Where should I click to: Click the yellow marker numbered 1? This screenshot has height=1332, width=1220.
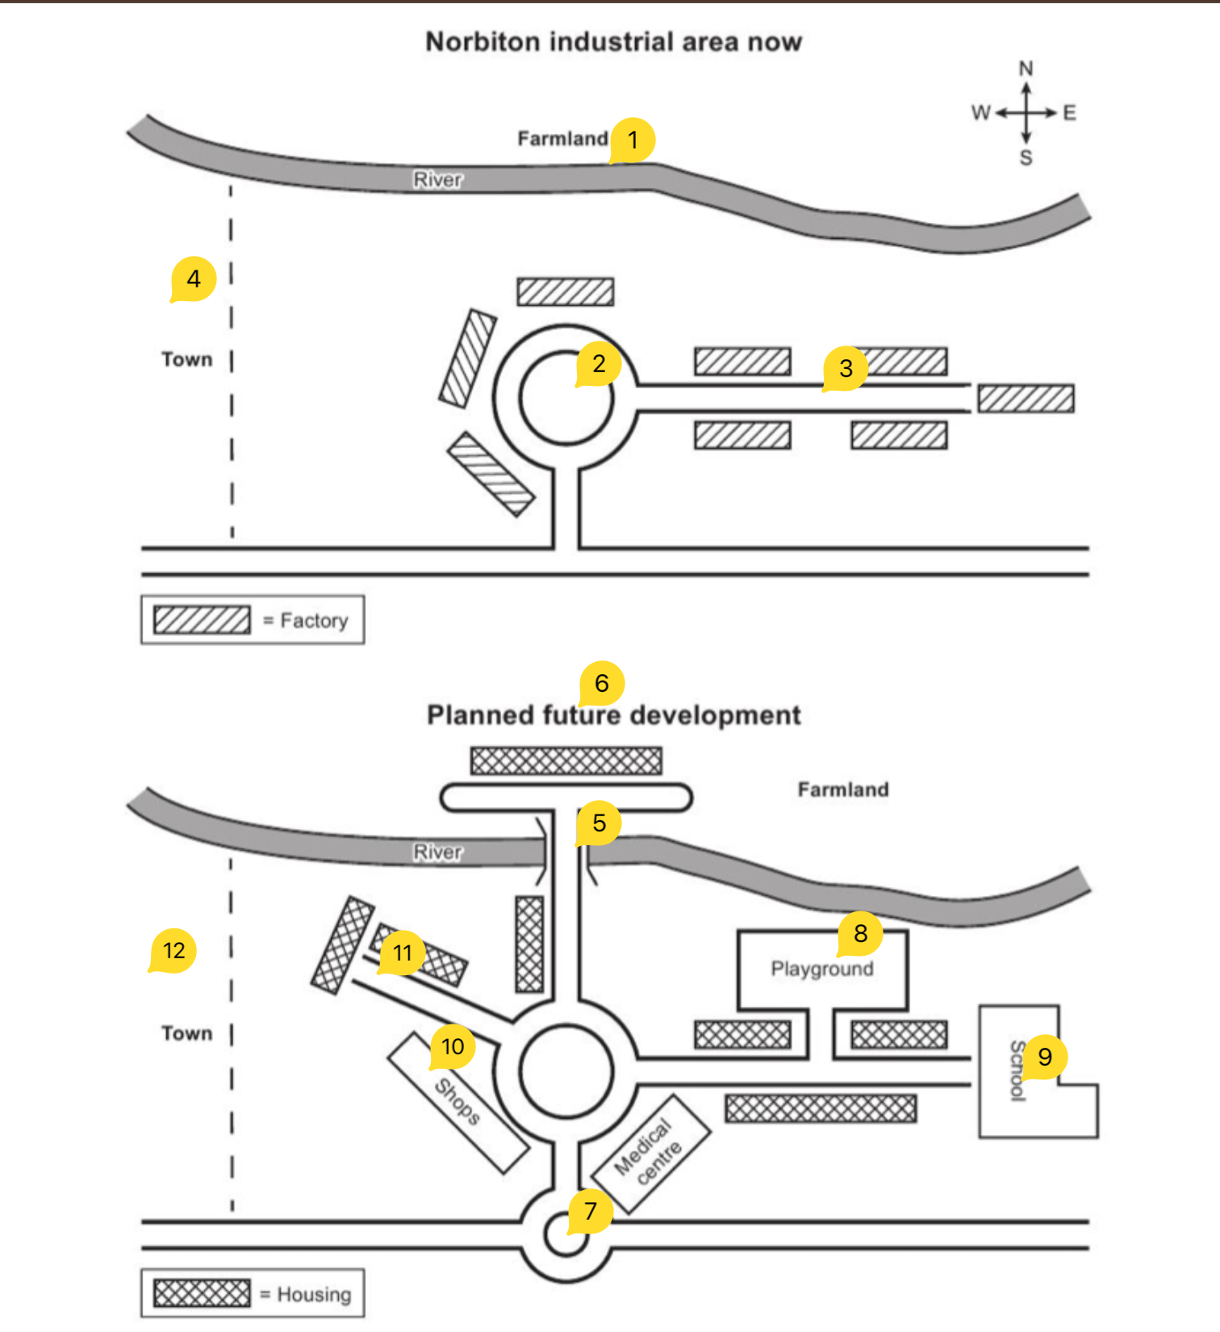click(633, 140)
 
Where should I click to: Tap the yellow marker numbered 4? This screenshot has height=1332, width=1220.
click(194, 279)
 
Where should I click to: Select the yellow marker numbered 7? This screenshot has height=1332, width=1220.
click(590, 1211)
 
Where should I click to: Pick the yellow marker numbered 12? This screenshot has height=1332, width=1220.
click(173, 951)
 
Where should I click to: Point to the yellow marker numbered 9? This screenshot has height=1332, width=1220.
click(1045, 1057)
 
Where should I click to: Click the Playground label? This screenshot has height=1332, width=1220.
click(821, 969)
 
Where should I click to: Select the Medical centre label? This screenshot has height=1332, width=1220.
click(649, 1152)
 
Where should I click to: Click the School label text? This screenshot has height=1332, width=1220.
click(1017, 1070)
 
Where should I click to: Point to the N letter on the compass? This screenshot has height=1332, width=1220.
click(1026, 69)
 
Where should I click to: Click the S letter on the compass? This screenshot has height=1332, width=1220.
click(1026, 157)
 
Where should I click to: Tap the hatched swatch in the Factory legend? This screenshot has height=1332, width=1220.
click(202, 620)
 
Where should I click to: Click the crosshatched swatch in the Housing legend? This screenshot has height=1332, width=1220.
click(202, 1293)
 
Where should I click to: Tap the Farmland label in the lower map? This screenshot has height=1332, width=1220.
click(842, 790)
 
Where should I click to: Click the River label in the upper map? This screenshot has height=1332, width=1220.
click(437, 179)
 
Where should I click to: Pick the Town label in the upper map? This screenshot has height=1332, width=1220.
click(186, 359)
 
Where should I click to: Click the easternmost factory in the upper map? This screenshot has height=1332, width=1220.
click(1026, 399)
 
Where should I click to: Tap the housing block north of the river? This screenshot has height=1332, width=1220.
click(566, 760)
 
